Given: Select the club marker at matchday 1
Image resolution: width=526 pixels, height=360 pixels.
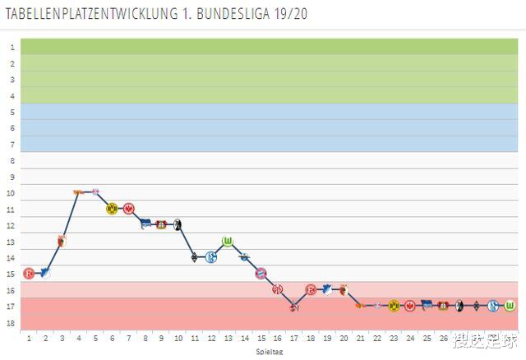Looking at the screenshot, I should [x=29, y=273].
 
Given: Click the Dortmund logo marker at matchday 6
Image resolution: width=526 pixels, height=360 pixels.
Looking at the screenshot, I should [x=113, y=208].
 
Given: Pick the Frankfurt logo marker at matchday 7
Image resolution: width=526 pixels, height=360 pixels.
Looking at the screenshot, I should [x=129, y=208].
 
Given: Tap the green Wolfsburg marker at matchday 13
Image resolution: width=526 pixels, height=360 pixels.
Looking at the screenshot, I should [x=228, y=241].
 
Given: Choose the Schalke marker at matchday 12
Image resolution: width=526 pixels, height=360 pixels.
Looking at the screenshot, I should [x=211, y=257].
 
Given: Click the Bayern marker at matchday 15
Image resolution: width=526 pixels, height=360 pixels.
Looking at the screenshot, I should [x=261, y=273].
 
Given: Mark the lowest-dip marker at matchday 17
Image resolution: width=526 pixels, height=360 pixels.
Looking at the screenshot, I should [x=293, y=307].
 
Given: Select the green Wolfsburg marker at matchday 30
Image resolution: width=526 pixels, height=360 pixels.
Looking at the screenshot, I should [x=509, y=306].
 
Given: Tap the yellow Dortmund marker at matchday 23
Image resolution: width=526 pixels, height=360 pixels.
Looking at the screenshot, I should [x=393, y=306].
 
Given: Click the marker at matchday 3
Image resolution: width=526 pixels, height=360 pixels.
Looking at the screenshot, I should [x=62, y=241].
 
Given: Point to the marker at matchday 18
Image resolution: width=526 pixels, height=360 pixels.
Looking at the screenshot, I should [x=311, y=289].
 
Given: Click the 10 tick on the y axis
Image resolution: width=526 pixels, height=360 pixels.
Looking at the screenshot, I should [x=12, y=193].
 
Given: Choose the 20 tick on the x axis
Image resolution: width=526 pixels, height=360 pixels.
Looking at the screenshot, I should [x=344, y=337].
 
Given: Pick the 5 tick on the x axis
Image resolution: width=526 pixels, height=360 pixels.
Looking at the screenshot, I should [x=95, y=337].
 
